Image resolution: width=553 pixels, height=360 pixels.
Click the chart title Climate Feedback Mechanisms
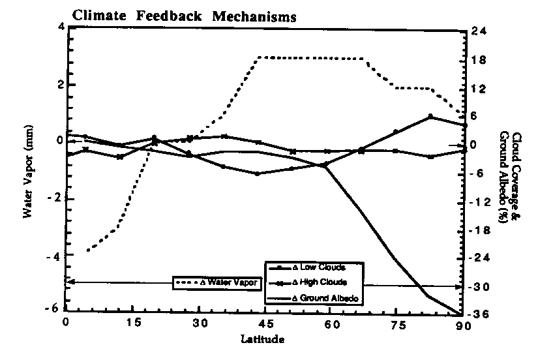(x=183, y=16)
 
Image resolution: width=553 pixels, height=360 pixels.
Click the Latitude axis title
(x=262, y=339)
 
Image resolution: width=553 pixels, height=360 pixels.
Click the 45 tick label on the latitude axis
(x=263, y=324)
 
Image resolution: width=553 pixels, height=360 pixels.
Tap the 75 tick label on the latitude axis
(x=396, y=324)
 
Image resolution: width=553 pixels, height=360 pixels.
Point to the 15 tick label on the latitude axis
(x=132, y=324)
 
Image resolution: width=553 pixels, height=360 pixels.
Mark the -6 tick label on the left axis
(x=57, y=309)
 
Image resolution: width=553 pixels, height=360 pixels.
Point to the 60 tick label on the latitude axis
(x=330, y=324)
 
